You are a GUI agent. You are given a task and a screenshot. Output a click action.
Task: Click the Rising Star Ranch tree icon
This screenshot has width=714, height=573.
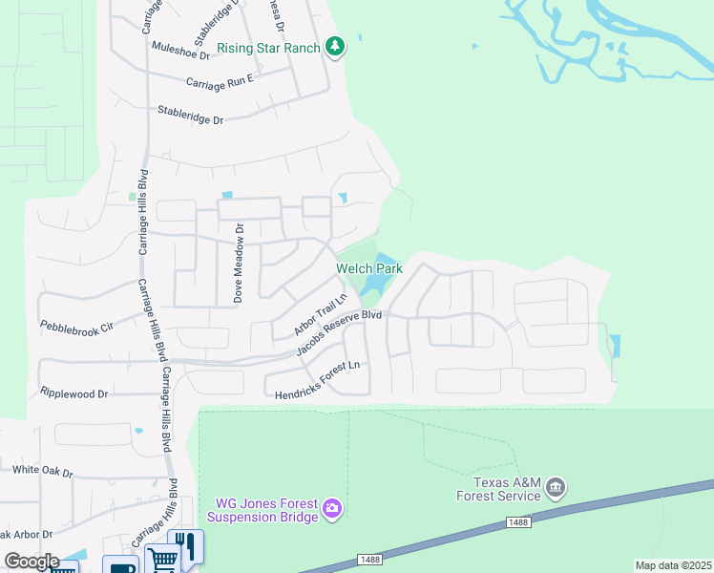pos(334,46)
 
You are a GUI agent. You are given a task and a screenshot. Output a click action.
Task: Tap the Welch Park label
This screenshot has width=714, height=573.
pos(368,269)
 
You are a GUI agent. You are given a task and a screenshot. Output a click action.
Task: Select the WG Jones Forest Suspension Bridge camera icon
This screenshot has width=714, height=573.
pos(331,507)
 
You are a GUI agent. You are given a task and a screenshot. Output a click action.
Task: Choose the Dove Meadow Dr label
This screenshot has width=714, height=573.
pos(240,264)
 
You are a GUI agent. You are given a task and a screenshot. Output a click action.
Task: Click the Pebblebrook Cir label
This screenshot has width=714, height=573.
pos(76,326)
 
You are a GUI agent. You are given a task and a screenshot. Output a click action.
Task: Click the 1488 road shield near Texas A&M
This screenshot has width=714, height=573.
pos(515,522)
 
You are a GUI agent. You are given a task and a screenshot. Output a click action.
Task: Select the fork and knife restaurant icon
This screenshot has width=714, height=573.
pos(188,545)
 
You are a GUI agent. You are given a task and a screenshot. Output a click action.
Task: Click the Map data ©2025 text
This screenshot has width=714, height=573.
pos(673,565)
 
